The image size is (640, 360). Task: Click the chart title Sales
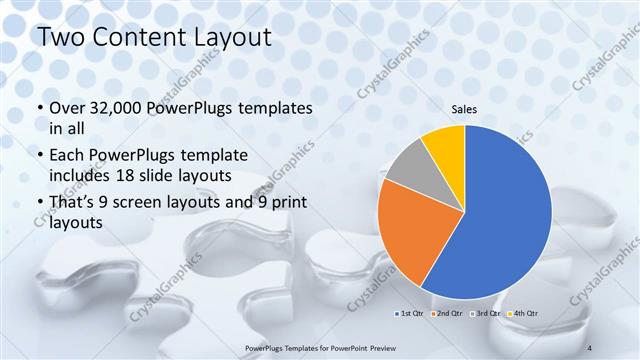click(465, 109)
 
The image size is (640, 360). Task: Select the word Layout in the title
click(231, 39)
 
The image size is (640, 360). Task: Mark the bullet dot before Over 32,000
click(39, 109)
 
